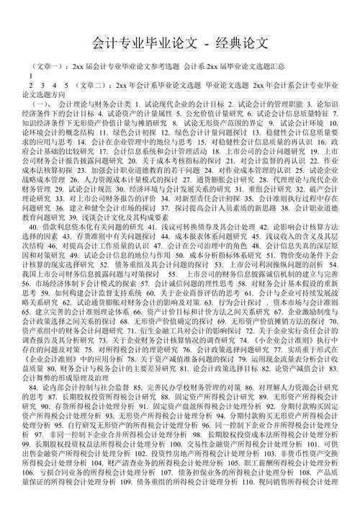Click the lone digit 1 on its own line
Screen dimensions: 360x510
pyautogui.click(x=31, y=75)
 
